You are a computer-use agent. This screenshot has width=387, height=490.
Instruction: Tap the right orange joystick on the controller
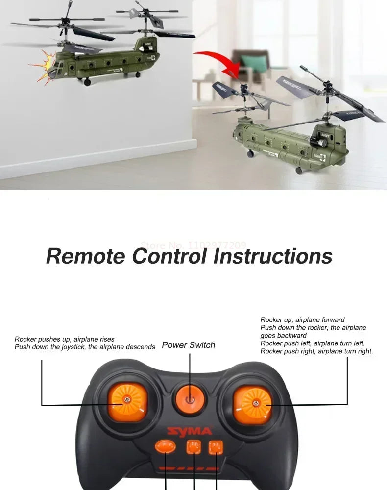pos(253,404)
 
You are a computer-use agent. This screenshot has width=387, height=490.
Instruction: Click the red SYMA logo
pos(190,431)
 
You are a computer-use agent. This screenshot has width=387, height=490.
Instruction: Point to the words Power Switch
pos(189,345)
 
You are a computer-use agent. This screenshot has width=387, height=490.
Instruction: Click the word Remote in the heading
pos(86,256)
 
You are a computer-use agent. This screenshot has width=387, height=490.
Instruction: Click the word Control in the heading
pos(171,256)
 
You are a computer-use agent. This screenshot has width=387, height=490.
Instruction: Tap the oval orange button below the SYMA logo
pos(165,446)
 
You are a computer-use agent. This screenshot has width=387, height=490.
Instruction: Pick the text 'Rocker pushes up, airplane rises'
pos(65,339)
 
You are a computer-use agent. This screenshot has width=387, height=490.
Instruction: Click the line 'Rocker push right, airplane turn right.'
pos(316,351)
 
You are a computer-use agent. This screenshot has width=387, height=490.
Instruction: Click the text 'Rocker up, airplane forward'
pos(302,320)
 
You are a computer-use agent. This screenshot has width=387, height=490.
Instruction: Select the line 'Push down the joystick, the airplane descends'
pos(85,347)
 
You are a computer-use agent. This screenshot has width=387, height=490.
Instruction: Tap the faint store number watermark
pos(193,245)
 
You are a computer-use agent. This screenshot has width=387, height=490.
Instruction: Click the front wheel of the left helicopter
pos(87,82)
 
